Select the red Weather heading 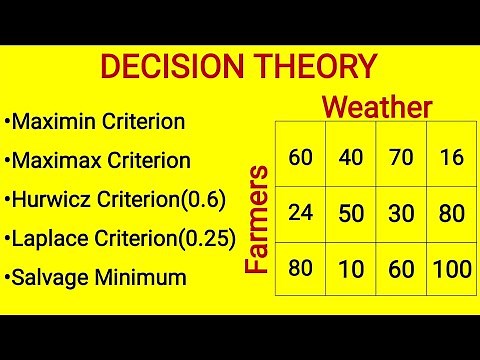378,107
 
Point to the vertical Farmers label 257,219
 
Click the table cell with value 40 350,157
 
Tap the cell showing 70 401,157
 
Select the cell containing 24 300,212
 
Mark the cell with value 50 350,212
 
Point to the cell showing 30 401,212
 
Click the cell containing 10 350,268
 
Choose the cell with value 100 452,268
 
